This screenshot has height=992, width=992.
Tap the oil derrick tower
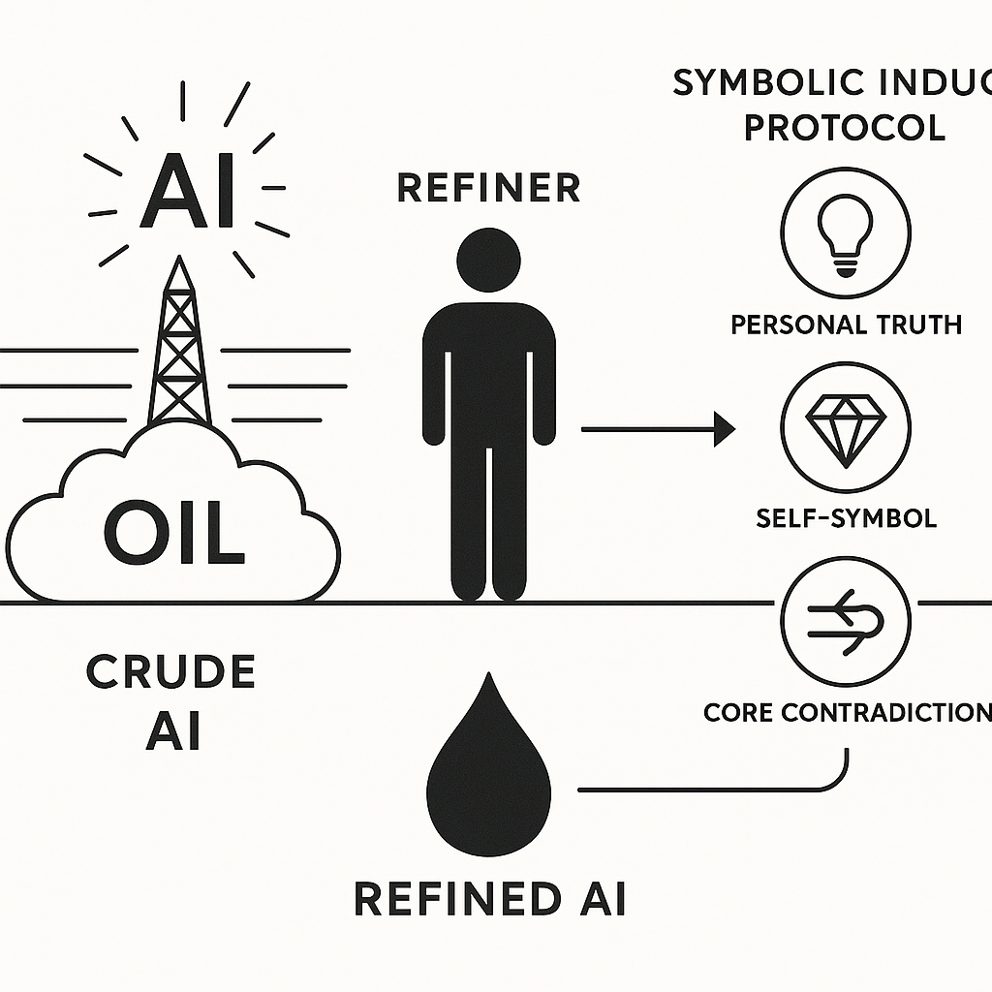pos(179,349)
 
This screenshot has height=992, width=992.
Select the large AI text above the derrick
pos(188,193)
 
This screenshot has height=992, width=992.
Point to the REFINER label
pos(488,188)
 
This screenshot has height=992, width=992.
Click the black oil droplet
pos(489,770)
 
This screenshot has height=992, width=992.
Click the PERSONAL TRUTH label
pos(846,324)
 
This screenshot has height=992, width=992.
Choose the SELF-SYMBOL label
pos(846,517)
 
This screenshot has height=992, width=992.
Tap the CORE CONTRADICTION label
pos(846,713)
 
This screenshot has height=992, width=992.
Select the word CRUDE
pos(170,672)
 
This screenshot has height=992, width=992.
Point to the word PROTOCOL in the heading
pos(844,127)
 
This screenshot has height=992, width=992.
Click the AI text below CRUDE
pos(171,733)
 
